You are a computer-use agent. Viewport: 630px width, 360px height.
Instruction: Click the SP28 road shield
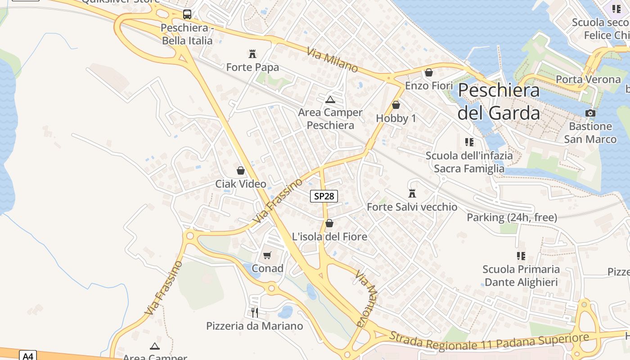coord(324,196)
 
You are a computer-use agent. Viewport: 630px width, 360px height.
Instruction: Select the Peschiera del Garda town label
coord(499,102)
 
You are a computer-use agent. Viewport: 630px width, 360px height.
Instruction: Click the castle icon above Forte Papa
coord(252,54)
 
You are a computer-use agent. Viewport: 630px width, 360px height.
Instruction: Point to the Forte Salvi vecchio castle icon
coord(412,193)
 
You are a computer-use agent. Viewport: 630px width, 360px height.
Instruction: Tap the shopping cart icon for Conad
coord(267,255)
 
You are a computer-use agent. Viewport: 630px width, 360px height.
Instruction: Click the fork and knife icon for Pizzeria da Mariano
coord(255,312)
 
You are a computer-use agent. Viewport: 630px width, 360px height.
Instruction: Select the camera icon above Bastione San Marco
coord(590,113)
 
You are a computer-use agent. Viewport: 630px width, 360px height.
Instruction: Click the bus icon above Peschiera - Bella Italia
coord(187,14)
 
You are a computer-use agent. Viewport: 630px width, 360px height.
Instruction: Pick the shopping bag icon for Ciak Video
coord(241,171)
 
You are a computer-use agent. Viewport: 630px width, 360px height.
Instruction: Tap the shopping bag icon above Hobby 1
coord(396,105)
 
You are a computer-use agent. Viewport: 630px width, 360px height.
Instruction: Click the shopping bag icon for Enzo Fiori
coord(429,72)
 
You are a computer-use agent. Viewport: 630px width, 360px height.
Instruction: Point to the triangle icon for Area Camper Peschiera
coord(330,99)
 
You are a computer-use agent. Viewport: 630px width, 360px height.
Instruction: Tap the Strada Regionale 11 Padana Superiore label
coord(489,342)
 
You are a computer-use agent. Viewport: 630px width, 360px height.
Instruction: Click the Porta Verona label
coord(588,80)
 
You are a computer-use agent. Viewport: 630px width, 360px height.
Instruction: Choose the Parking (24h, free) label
coord(512,218)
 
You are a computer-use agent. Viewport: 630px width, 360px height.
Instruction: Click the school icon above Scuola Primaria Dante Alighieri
coord(521,256)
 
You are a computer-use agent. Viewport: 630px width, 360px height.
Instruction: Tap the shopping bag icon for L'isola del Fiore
coord(329,223)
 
